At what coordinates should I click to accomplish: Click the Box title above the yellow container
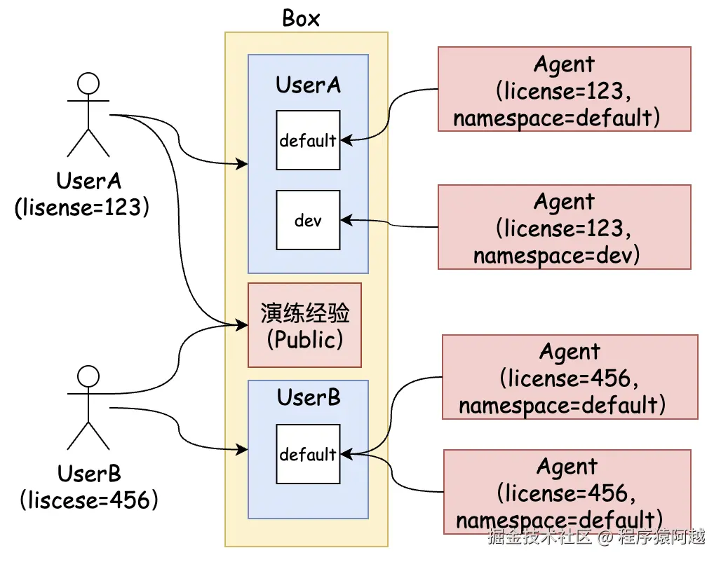click(301, 18)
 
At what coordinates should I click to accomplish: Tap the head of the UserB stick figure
click(88, 376)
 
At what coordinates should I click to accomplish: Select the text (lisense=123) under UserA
click(82, 208)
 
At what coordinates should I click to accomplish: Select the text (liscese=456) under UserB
click(89, 500)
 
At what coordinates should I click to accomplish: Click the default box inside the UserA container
click(308, 140)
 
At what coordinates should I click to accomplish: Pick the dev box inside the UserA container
click(308, 220)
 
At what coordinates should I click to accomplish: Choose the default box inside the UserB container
click(308, 454)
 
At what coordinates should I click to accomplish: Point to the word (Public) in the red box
click(305, 339)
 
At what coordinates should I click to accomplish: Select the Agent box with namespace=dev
click(564, 227)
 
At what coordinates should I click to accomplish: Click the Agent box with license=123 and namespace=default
click(564, 89)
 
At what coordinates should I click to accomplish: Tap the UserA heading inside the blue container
click(308, 85)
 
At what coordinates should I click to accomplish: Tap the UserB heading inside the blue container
click(309, 397)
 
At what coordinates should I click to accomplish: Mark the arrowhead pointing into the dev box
click(344, 220)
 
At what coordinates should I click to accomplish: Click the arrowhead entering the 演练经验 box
click(243, 324)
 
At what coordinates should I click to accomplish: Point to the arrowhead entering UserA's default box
click(344, 140)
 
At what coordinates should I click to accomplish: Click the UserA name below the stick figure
click(88, 181)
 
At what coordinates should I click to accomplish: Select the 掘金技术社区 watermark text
click(540, 537)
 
